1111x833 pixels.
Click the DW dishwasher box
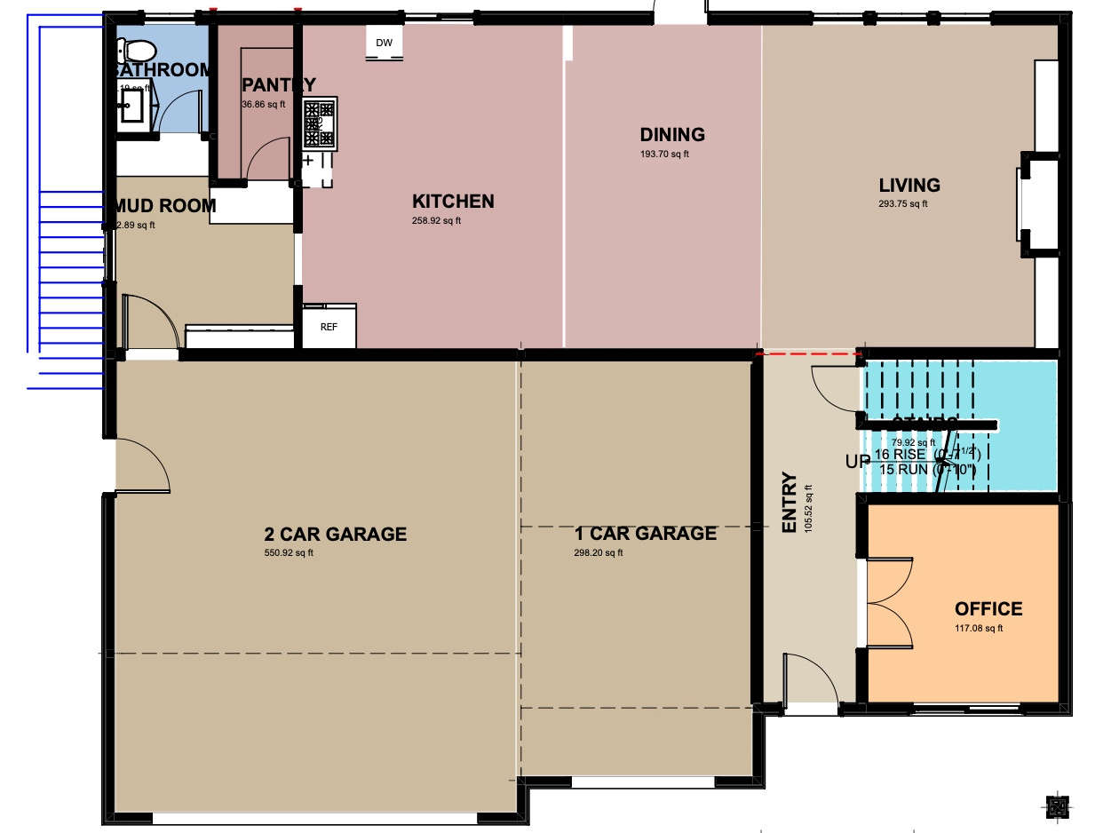tap(384, 44)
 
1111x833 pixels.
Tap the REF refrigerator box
tap(329, 326)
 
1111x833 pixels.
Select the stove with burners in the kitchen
tap(320, 123)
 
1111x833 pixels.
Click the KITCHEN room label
tap(453, 202)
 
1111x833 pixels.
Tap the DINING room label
tap(672, 135)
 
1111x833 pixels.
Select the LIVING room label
tap(909, 186)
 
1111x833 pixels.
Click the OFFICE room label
tap(988, 609)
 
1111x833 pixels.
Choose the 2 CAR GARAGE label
tap(335, 535)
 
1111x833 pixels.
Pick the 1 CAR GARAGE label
tap(645, 534)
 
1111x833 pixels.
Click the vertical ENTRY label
tap(789, 503)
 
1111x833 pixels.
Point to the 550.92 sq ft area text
tap(289, 553)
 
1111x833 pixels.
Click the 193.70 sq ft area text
tap(664, 155)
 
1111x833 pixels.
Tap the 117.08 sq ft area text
tap(978, 629)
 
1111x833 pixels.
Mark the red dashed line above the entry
tap(808, 353)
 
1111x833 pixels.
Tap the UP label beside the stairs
tap(858, 462)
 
